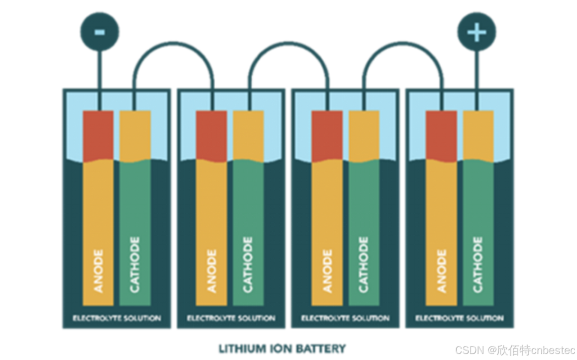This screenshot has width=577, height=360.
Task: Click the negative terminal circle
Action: [99, 32]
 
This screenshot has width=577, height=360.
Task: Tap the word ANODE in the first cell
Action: [98, 271]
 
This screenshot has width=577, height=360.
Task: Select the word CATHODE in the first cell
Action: [135, 265]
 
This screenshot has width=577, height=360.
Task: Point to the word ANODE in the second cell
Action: [212, 271]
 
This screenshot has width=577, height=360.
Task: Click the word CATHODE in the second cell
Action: [248, 265]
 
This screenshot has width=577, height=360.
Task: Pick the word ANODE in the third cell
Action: [327, 271]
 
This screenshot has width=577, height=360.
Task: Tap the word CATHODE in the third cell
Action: [364, 265]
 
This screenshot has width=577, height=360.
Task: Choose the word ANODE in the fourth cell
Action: [442, 271]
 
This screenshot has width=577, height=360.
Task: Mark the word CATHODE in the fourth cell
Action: [478, 265]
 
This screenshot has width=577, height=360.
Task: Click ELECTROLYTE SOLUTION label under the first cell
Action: [117, 318]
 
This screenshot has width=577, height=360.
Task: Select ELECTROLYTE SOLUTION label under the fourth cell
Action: [460, 318]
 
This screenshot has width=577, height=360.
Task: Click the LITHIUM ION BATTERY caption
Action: [282, 348]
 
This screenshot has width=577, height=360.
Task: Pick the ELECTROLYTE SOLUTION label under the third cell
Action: [345, 318]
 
